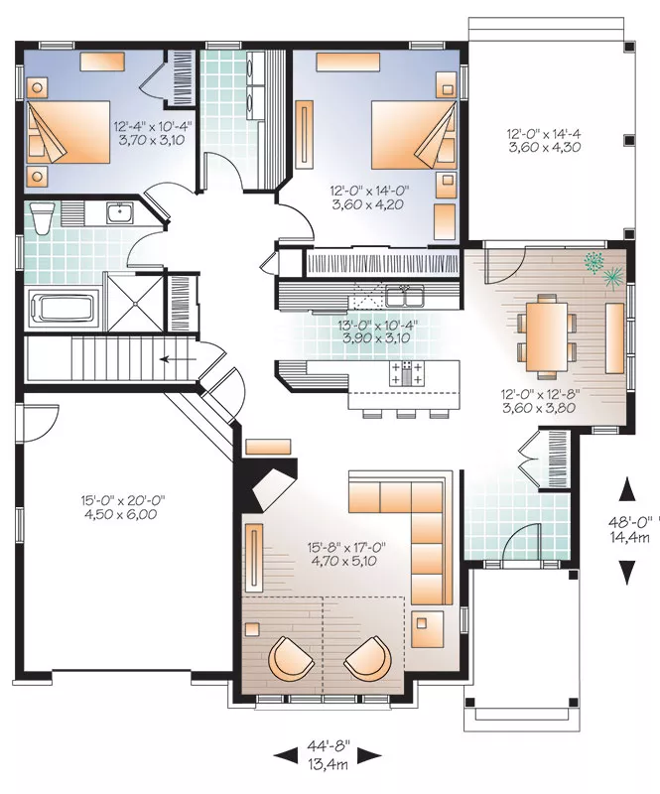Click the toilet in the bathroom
(42, 217)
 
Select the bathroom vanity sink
(120, 212)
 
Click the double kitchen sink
(404, 296)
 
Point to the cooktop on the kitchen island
(406, 373)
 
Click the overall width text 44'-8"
(329, 746)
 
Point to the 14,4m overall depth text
(629, 538)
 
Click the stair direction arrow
(178, 359)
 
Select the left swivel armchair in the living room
(290, 657)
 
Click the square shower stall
(135, 303)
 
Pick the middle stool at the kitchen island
(406, 414)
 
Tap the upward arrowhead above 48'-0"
(627, 489)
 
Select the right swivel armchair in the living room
(368, 657)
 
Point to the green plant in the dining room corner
(602, 270)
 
